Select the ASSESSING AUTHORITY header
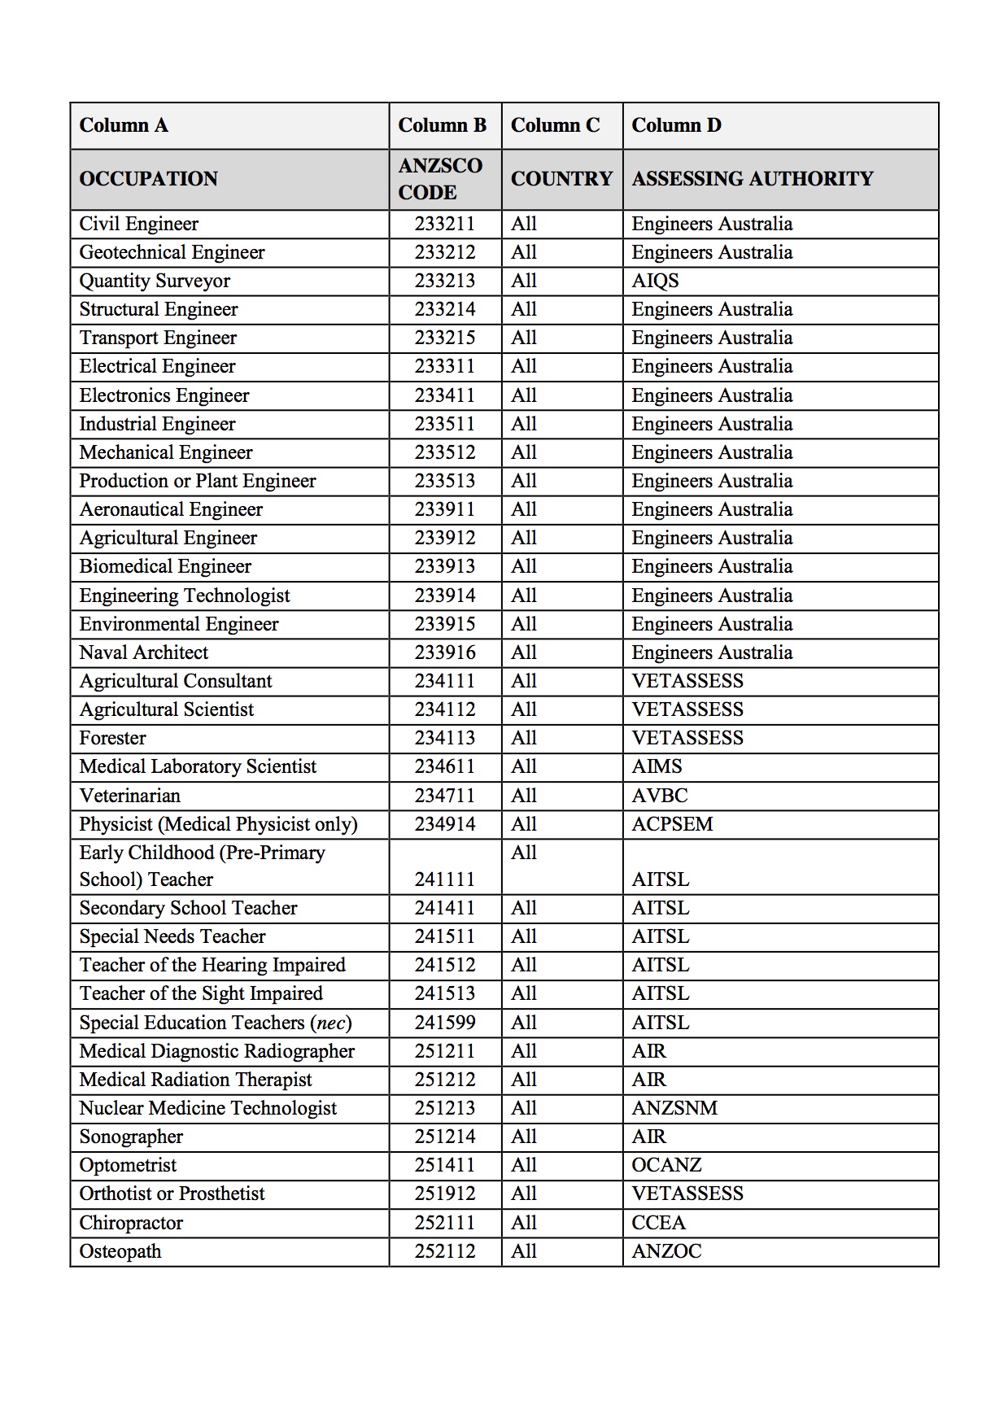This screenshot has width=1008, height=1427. (753, 179)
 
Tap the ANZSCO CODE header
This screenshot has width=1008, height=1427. (440, 179)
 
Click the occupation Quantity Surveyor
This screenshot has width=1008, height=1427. (155, 281)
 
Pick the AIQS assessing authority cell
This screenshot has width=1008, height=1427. (655, 281)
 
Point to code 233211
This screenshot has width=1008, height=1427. (444, 225)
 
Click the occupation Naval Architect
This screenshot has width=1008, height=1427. (144, 653)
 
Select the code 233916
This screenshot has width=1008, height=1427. (444, 653)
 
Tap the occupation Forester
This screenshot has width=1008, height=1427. (112, 739)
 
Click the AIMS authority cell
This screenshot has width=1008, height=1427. (657, 767)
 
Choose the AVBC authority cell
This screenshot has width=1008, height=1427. (660, 796)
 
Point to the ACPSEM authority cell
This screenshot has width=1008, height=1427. (672, 824)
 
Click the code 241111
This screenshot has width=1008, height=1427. (444, 879)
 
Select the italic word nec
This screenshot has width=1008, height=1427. (330, 1023)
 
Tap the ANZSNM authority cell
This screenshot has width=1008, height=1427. (674, 1109)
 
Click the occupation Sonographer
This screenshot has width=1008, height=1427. (131, 1137)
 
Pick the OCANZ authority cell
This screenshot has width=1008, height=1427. (666, 1166)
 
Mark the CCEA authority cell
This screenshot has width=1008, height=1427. (658, 1223)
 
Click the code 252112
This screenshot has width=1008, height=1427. (444, 1251)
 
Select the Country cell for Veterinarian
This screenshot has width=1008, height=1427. (524, 796)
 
